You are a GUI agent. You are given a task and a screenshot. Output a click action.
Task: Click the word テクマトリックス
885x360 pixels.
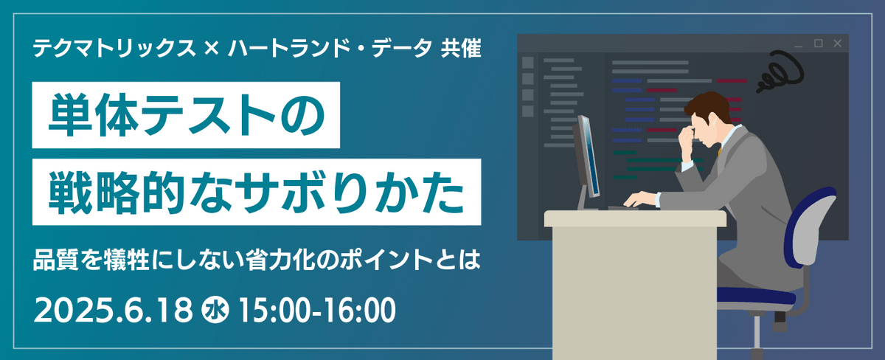(x=114, y=49)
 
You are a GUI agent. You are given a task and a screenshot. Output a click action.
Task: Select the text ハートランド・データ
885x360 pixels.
(x=330, y=49)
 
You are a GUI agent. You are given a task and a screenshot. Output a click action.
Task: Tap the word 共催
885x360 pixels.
(x=461, y=49)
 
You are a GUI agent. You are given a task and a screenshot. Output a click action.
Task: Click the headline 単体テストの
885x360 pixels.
(x=186, y=115)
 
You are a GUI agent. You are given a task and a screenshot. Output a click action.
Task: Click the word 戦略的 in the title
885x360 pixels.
(x=117, y=193)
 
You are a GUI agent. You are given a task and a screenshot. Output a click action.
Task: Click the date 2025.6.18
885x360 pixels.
(x=114, y=311)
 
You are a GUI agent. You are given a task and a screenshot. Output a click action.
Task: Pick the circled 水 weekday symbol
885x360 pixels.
(x=215, y=311)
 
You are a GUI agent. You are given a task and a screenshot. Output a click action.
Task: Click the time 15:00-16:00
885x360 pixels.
(x=316, y=311)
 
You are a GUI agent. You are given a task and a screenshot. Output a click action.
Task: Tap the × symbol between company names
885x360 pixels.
(x=212, y=49)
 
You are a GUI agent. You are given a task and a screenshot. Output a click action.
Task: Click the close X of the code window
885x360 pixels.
(x=837, y=44)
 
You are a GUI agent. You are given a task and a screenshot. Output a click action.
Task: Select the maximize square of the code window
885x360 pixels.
(x=818, y=44)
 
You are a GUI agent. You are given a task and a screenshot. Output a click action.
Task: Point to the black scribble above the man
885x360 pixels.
(x=780, y=72)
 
